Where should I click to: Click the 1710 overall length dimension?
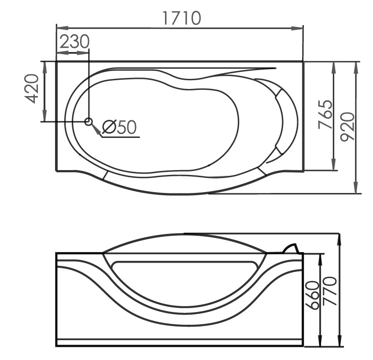coord(182,18)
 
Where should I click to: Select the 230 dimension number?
coord(74,41)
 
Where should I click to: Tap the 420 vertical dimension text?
coord(31,89)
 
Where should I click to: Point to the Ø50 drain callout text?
coord(119,126)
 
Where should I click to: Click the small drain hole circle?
coord(89,122)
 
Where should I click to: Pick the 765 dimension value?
coord(325,114)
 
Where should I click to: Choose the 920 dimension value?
coord(347,127)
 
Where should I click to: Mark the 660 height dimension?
coord(312,295)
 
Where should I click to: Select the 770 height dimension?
coord(330,291)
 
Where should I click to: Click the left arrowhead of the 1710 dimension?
coord(63,28)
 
